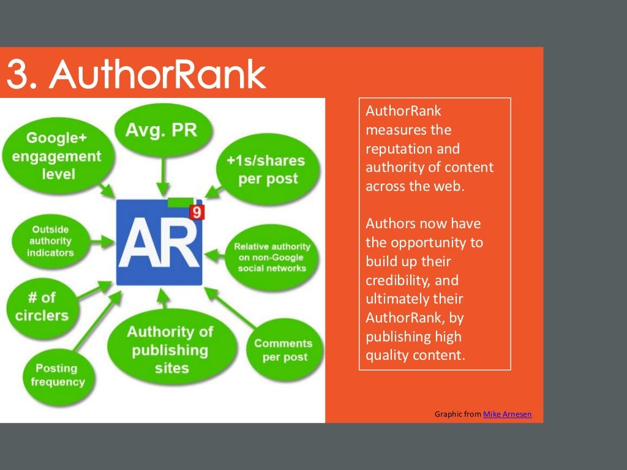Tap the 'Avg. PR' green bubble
[x=161, y=130]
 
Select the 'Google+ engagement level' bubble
[x=56, y=156]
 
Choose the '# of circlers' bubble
[x=40, y=306]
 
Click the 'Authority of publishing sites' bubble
[x=169, y=349]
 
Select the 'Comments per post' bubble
[x=283, y=350]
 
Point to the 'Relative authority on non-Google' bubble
[x=272, y=257]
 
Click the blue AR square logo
[x=158, y=242]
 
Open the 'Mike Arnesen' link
[x=507, y=414]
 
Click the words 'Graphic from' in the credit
[x=458, y=414]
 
